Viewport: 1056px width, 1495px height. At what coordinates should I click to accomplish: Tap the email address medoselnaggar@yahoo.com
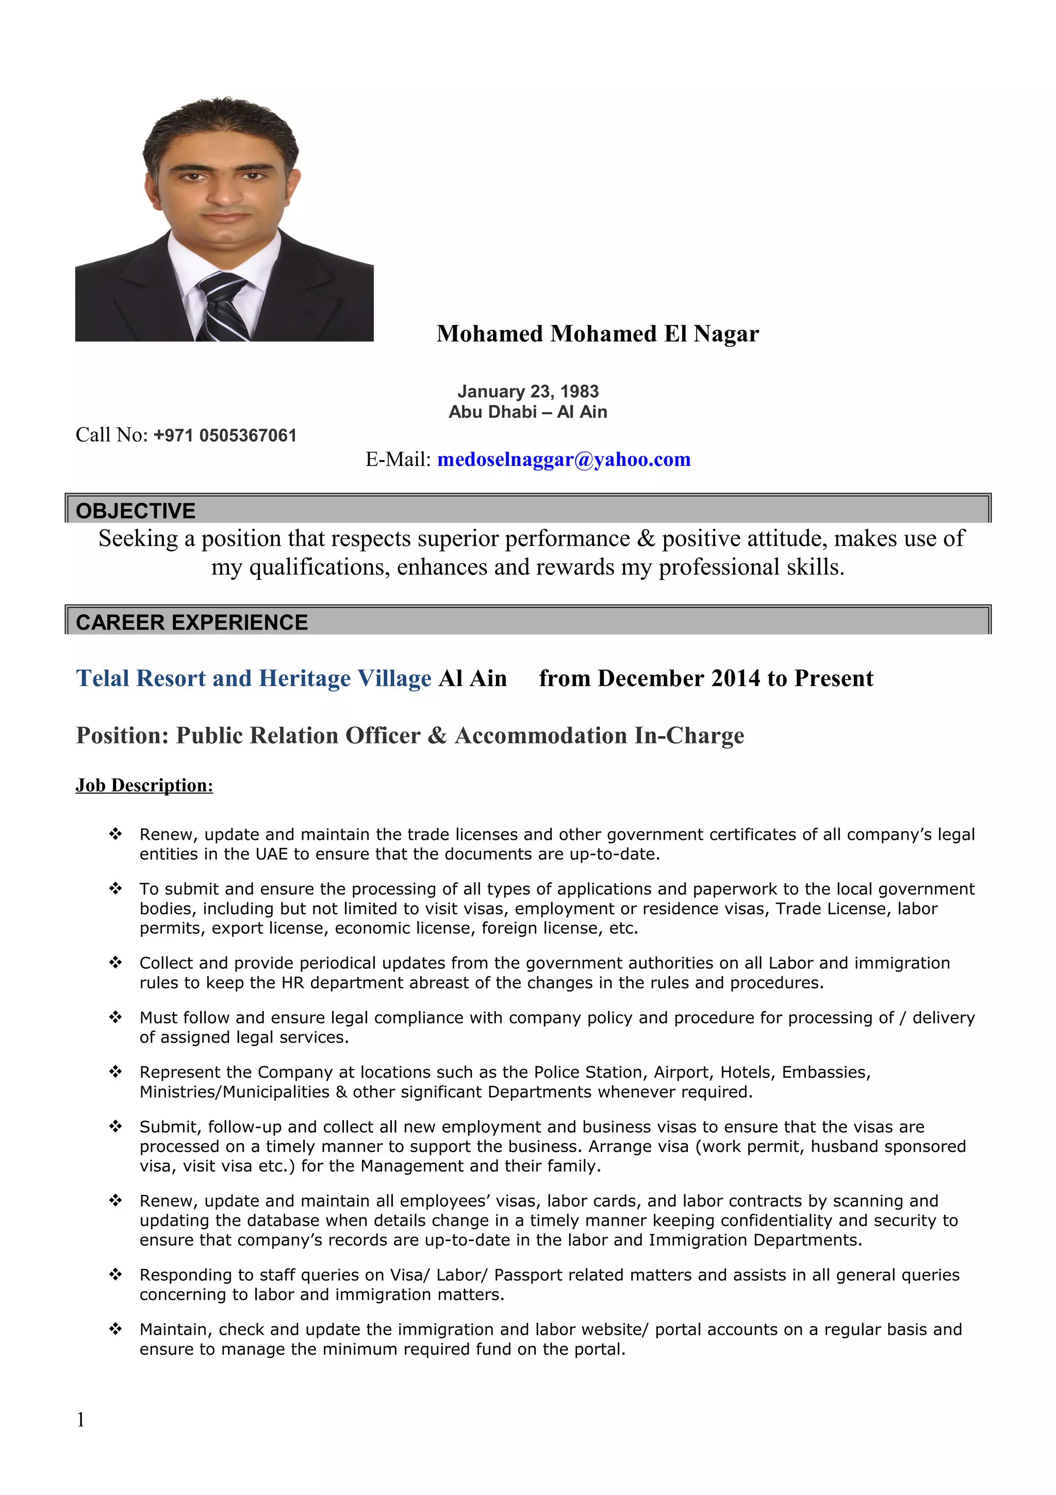click(564, 460)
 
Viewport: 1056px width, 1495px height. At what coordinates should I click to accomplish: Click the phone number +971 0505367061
click(225, 435)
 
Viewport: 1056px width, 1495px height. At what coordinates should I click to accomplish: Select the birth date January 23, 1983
click(527, 392)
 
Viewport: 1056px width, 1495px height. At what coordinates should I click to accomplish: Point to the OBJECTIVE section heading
click(135, 511)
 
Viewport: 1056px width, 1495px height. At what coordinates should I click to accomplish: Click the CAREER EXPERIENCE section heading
click(192, 623)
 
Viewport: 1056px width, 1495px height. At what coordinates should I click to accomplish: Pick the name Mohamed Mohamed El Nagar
click(597, 334)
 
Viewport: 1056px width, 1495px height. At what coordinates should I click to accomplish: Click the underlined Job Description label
click(144, 785)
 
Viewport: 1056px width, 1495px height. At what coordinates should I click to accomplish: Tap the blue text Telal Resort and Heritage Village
click(254, 678)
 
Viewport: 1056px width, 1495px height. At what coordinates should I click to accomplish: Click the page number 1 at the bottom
click(80, 1420)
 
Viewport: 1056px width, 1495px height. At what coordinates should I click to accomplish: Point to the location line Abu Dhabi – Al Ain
click(527, 412)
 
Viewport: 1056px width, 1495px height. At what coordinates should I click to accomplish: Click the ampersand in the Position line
click(437, 736)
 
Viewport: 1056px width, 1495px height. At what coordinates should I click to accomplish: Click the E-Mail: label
click(398, 460)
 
